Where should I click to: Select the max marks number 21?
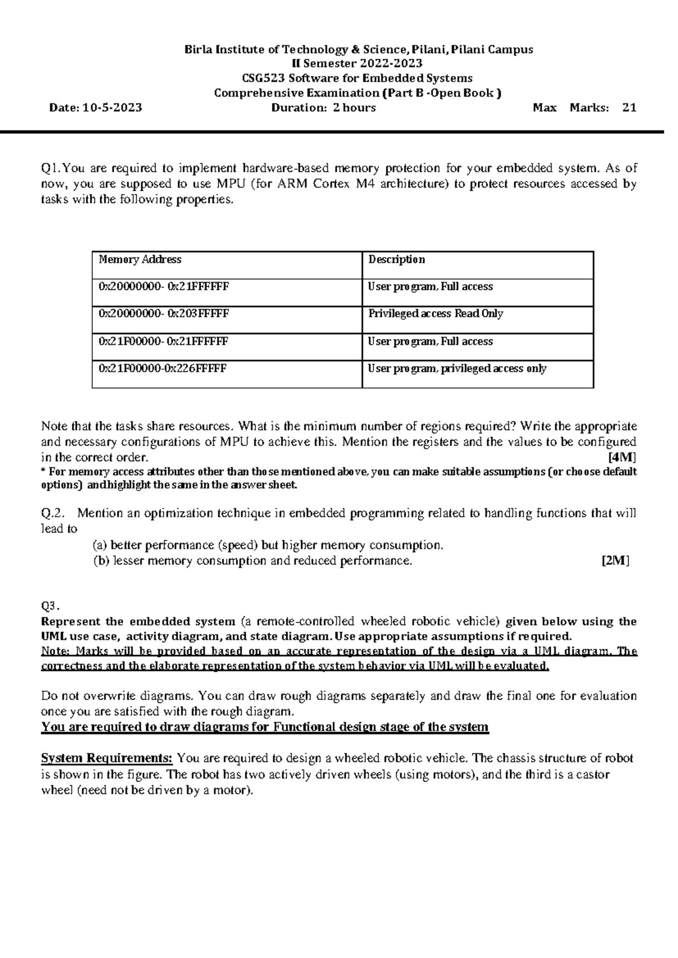click(629, 107)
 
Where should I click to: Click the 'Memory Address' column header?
click(140, 259)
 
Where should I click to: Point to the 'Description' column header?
click(397, 259)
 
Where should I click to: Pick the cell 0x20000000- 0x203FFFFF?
click(164, 313)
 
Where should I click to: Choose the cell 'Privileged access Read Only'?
click(436, 313)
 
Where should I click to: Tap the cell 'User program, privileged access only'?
click(457, 369)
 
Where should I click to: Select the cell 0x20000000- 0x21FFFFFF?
click(164, 286)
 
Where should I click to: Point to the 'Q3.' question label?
click(50, 606)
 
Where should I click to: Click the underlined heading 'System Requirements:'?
click(107, 758)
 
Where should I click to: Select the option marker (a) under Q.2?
click(100, 545)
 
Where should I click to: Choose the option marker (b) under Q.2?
click(101, 561)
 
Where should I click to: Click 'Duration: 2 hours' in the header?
click(324, 107)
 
